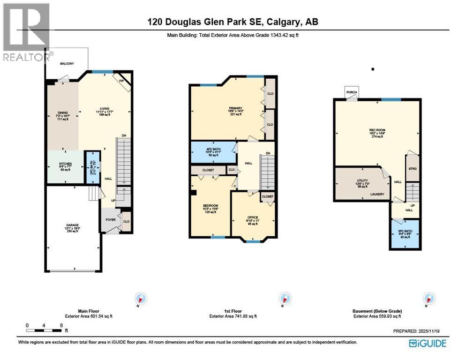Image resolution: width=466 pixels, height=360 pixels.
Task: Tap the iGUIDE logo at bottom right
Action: pos(427,343)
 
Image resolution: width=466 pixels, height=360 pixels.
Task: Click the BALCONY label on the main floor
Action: pos(66,63)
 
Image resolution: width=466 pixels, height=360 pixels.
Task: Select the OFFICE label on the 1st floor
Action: pos(253,217)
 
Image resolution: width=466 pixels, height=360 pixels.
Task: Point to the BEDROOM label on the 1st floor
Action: pos(210,206)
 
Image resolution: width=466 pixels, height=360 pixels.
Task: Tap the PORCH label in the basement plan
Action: pos(352,92)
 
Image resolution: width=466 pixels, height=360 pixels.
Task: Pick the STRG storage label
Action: pos(413,169)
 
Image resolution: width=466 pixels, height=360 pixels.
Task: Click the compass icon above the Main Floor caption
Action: pos(141,299)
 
